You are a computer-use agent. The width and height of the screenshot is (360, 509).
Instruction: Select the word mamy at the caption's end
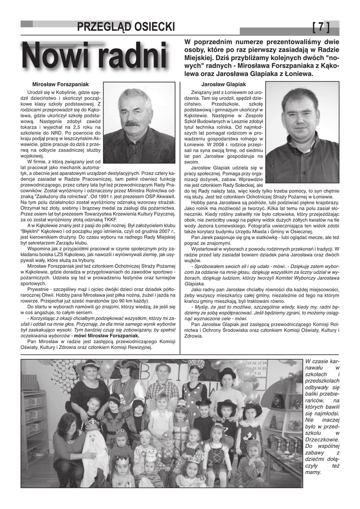[314, 472]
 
